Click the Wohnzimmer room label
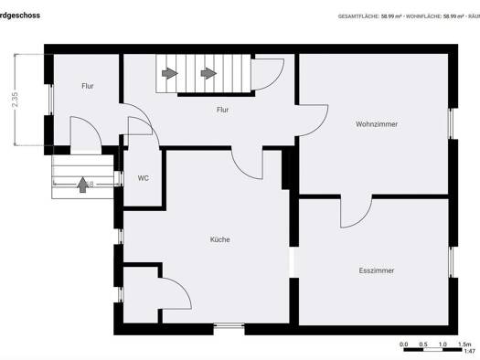[x=377, y=123]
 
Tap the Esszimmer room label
[x=376, y=270]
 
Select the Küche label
[x=219, y=239]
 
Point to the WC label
[x=144, y=178]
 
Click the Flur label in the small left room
[x=88, y=86]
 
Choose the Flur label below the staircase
[x=222, y=110]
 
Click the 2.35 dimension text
[x=16, y=99]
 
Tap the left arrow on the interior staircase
[x=169, y=72]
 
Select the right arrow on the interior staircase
[x=208, y=72]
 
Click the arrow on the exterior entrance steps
[x=83, y=184]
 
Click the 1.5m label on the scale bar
[x=465, y=344]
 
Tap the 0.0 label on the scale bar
[x=404, y=344]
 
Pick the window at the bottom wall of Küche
[x=229, y=327]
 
